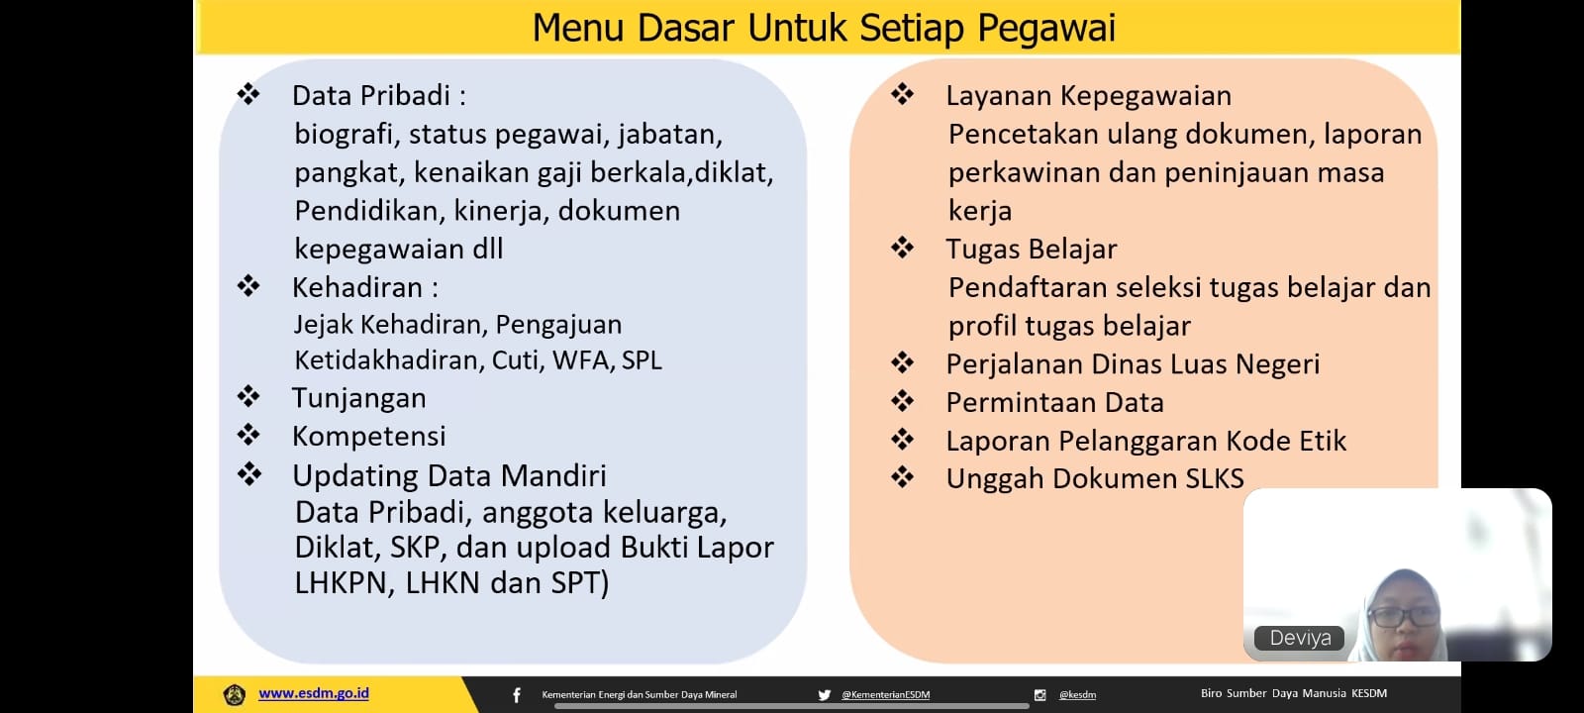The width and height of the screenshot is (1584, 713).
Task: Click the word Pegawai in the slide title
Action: (x=1046, y=30)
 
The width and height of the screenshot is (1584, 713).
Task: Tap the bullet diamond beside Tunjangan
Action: (x=248, y=396)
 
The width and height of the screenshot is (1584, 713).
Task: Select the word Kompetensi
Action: (x=368, y=436)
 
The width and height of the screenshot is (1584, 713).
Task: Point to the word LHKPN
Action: (x=341, y=583)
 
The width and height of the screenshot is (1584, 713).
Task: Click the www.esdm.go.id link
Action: (x=313, y=694)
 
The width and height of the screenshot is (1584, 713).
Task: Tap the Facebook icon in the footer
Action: (x=517, y=695)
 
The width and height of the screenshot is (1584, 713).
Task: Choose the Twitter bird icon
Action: (x=824, y=695)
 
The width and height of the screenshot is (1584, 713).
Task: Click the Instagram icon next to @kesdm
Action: (x=1039, y=695)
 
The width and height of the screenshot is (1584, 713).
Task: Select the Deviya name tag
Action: (x=1300, y=638)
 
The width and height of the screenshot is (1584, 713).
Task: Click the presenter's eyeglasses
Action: (x=1403, y=617)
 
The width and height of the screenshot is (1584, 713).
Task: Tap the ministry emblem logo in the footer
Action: (x=234, y=694)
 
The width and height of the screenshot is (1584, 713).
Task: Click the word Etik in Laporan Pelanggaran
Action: (x=1323, y=441)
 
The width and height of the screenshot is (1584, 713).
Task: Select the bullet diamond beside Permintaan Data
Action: (x=902, y=401)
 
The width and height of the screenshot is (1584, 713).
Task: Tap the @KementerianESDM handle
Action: (x=885, y=695)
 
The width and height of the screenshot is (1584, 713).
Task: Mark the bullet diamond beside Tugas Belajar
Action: (x=902, y=248)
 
